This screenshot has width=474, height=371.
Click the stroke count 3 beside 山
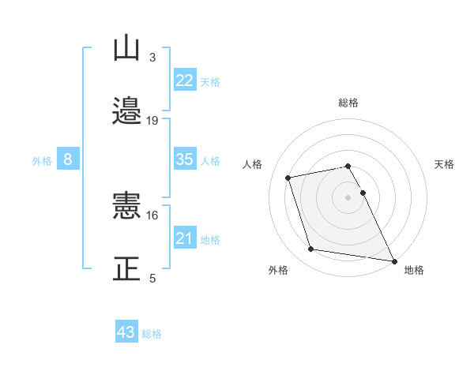coord(152,57)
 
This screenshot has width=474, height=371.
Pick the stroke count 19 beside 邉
coord(152,120)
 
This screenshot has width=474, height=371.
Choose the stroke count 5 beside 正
coord(152,278)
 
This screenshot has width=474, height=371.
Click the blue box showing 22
coord(185,81)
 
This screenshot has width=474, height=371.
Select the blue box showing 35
coord(185,159)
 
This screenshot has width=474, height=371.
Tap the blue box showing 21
coord(185,238)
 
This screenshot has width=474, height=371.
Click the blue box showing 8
coord(68,159)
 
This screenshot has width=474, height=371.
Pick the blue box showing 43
coord(126,332)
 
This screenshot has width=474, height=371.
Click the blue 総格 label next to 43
coord(152,334)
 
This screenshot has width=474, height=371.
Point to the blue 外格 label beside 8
coord(42,161)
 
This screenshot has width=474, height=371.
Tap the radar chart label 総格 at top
coord(348,103)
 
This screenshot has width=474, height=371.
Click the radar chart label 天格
coord(445,164)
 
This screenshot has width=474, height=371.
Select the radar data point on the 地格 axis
coord(393,260)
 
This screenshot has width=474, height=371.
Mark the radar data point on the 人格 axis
coord(288,177)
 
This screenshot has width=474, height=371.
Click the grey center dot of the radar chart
coord(348,197)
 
